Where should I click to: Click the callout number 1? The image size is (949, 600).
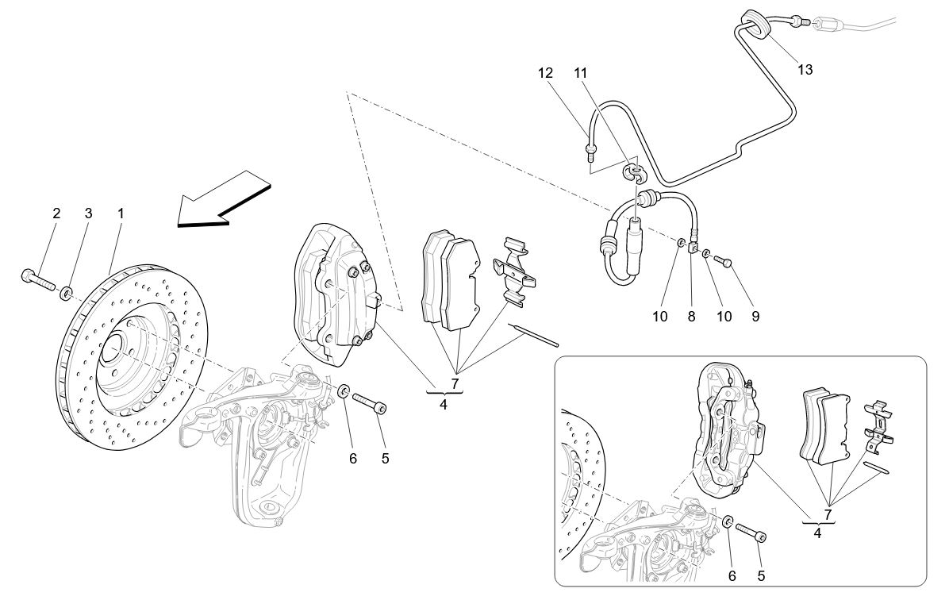(121, 213)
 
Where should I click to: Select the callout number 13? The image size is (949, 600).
(805, 70)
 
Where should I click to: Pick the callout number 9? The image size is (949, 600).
(755, 316)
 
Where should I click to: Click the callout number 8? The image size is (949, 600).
(690, 316)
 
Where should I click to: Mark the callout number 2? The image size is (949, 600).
(56, 213)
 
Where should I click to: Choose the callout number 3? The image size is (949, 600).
(89, 213)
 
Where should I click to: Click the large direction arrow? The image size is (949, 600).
(222, 202)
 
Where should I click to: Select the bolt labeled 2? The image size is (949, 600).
(37, 279)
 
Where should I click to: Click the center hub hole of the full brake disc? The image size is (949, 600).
(110, 347)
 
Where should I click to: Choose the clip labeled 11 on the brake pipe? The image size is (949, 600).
(634, 170)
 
